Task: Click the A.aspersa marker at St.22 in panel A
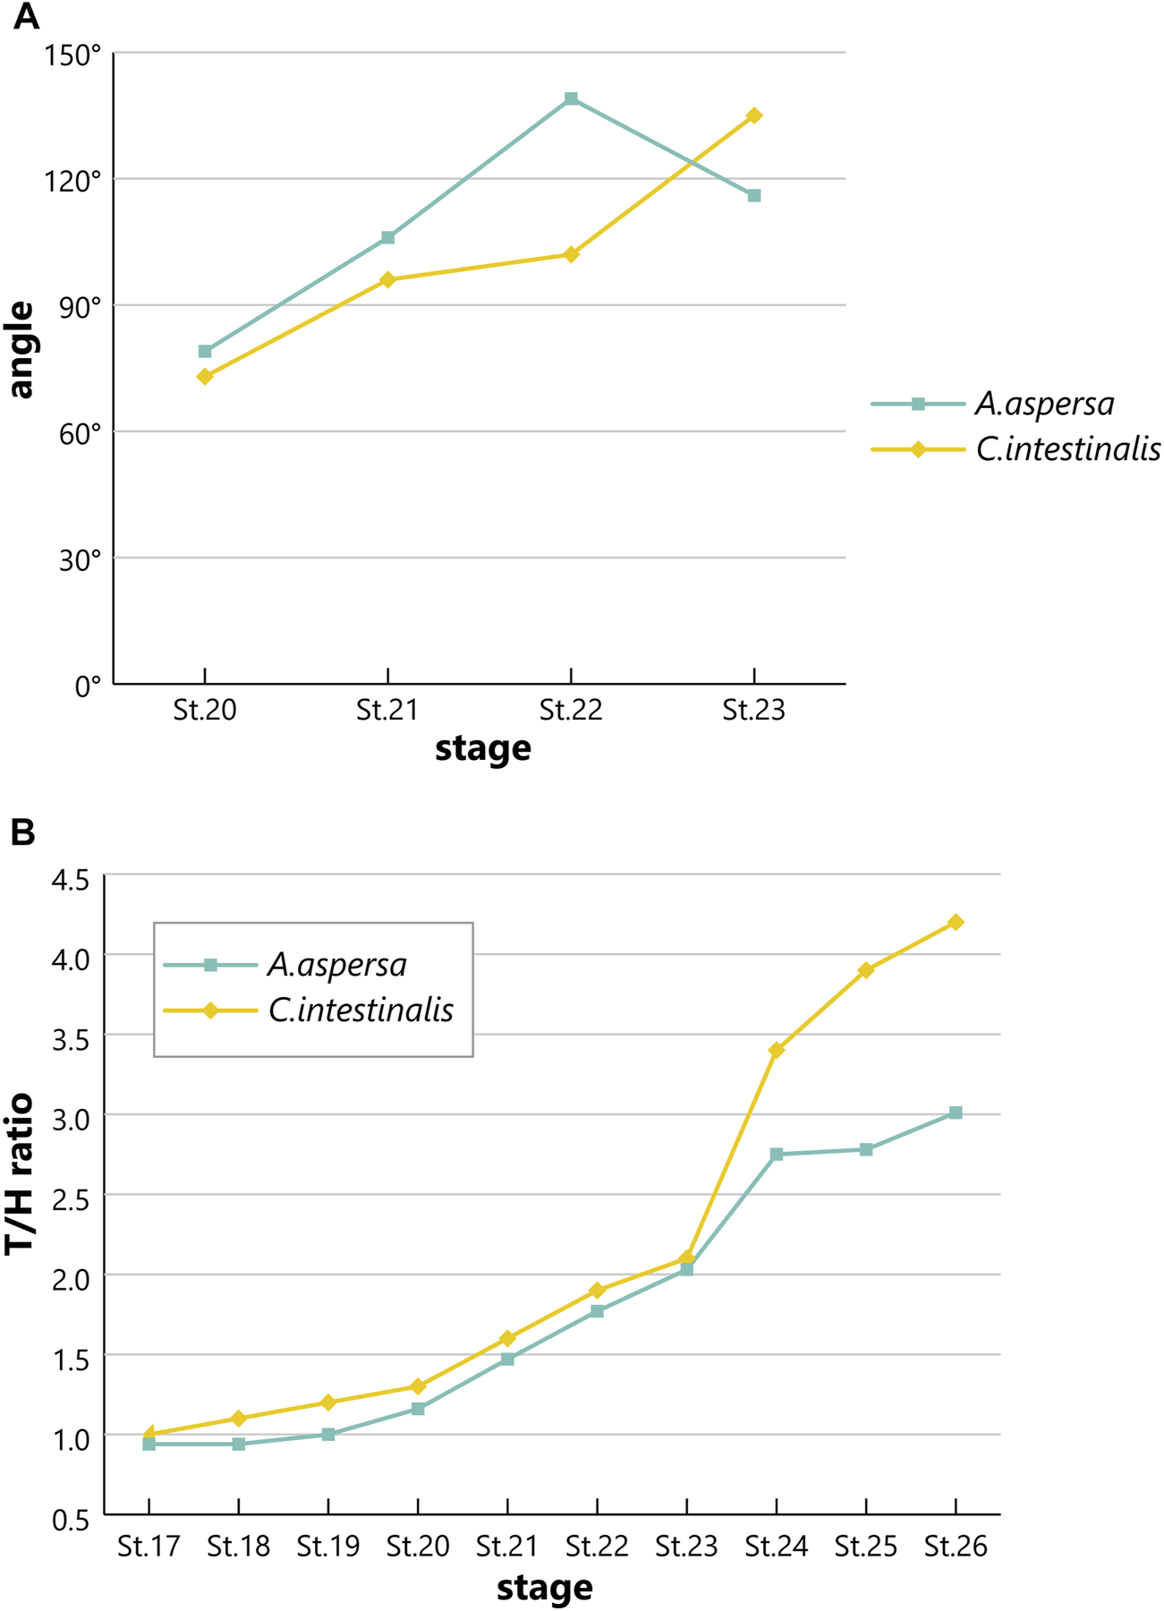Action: pos(571,98)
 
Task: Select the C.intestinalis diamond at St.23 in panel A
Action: pos(754,115)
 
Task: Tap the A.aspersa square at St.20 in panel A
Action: pos(205,352)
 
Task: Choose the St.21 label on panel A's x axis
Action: pos(387,711)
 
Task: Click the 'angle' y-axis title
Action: pos(21,350)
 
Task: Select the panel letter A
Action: pos(26,16)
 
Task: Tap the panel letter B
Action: pos(22,831)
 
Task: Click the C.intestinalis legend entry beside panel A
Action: pos(1068,448)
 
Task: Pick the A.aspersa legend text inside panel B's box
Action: pos(337,965)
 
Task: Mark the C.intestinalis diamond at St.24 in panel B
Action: pos(776,1050)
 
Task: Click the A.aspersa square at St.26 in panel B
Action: pos(956,1113)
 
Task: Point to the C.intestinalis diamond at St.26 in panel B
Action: pos(956,922)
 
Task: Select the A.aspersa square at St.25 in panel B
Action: pos(866,1149)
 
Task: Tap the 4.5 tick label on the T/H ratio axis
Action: pos(71,881)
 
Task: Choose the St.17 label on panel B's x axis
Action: pos(149,1546)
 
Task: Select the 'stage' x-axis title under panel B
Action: pos(544,1587)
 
